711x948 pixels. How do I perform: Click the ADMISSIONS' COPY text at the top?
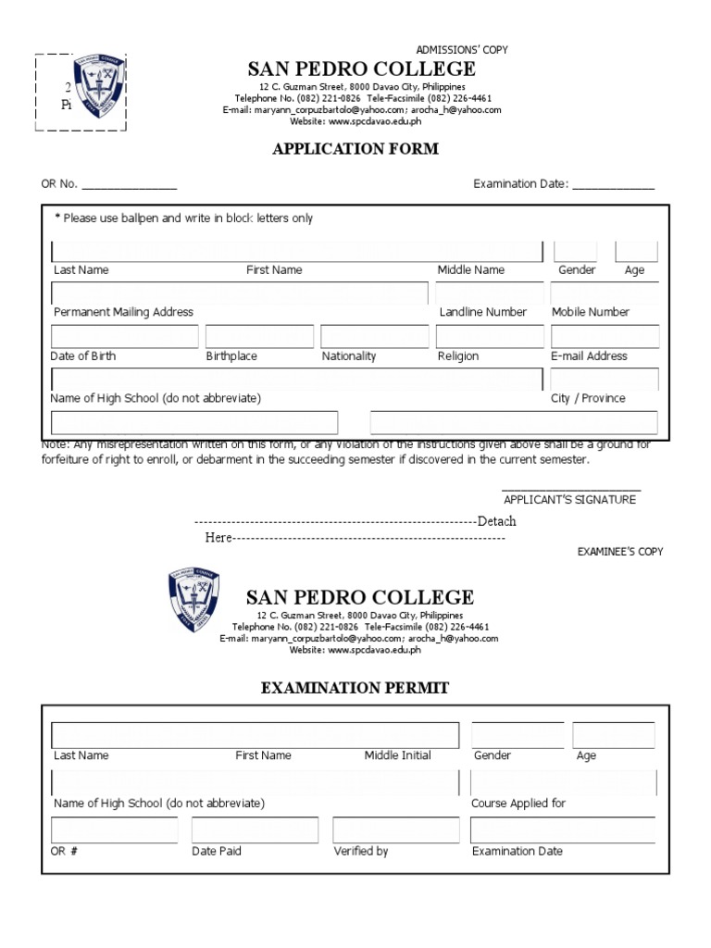(x=462, y=50)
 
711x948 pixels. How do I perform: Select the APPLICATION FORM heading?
(x=355, y=149)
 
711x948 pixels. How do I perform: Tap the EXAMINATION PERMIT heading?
(x=355, y=688)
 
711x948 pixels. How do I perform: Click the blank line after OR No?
(x=130, y=184)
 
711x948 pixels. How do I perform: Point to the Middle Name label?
(x=471, y=270)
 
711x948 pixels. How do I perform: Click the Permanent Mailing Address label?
(x=123, y=312)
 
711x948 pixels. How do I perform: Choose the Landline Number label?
(x=483, y=312)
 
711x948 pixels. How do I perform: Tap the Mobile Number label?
(x=591, y=312)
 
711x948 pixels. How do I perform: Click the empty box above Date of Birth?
(x=124, y=336)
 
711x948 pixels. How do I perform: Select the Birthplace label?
(x=231, y=356)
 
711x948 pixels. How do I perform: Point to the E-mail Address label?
(x=589, y=356)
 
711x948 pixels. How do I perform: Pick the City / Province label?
(x=588, y=399)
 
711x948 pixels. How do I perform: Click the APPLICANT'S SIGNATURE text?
(x=569, y=500)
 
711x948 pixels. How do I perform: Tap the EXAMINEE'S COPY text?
(x=620, y=552)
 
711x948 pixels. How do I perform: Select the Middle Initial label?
(x=397, y=755)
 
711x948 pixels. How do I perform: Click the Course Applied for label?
(x=518, y=804)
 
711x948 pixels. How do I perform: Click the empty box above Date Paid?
(x=255, y=830)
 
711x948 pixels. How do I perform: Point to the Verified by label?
(x=361, y=852)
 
